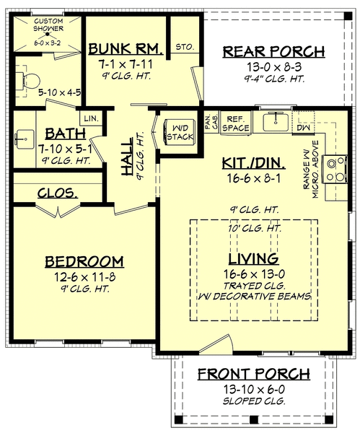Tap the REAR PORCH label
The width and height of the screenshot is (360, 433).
pyautogui.click(x=273, y=52)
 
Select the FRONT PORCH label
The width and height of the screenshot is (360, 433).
pyautogui.click(x=254, y=374)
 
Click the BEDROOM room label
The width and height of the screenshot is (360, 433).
pyautogui.click(x=84, y=261)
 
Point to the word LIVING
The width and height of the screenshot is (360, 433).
pyautogui.click(x=253, y=258)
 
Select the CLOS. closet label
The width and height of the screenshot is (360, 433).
pyautogui.click(x=58, y=192)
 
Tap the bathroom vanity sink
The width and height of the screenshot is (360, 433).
pyautogui.click(x=25, y=136)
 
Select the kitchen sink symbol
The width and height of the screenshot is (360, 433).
pyautogui.click(x=274, y=123)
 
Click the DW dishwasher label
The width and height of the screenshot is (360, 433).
pyautogui.click(x=304, y=127)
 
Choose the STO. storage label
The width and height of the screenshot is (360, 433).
pyautogui.click(x=184, y=48)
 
